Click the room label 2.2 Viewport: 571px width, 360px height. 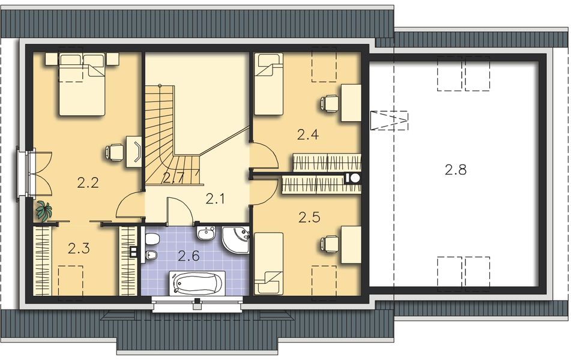pos(88,184)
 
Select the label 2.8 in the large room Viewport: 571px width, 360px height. pos(456,170)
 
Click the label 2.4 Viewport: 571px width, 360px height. pos(307,134)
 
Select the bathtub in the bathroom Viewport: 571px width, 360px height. pos(198,282)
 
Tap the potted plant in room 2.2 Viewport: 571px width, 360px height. pos(43,211)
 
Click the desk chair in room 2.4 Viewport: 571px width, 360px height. pos(329,103)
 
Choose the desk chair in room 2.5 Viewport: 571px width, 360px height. pos(328,244)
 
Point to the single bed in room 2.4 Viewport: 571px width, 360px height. pos(268,83)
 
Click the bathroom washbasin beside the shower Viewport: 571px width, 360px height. pos(205,233)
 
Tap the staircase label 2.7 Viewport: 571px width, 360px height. pos(173,177)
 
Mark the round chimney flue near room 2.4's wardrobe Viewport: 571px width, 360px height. pos(354,178)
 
